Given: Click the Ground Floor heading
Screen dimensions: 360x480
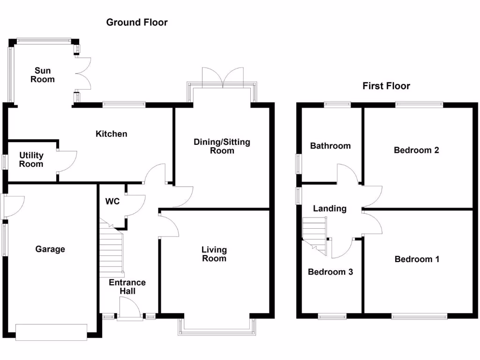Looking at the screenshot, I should [x=136, y=22].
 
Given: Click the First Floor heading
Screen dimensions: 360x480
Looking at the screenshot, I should [x=386, y=86].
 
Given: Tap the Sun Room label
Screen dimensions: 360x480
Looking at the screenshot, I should [x=43, y=75].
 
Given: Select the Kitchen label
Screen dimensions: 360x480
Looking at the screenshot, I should [x=111, y=134].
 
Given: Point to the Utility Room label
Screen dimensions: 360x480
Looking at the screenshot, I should [x=31, y=159].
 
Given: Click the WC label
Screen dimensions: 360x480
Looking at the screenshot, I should [x=112, y=202].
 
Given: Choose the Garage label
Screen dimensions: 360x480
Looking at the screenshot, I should [x=50, y=249].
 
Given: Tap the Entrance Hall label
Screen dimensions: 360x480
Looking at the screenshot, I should [x=127, y=287].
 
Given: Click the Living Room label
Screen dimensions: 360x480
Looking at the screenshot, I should [x=214, y=254].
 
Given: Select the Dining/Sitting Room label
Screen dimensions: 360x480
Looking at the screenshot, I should [x=222, y=146].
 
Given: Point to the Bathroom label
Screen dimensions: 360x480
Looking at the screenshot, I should [x=330, y=146].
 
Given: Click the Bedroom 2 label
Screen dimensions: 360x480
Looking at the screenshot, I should [x=416, y=150].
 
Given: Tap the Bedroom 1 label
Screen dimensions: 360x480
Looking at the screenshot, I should [x=417, y=259].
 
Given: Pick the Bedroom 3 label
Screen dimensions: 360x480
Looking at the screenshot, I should [x=330, y=272].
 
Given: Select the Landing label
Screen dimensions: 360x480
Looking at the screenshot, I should [x=330, y=209].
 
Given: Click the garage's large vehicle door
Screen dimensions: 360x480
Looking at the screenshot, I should [x=51, y=332].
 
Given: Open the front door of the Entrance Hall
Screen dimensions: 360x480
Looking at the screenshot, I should [x=130, y=309].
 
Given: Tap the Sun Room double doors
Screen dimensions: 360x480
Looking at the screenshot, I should [x=82, y=74].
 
